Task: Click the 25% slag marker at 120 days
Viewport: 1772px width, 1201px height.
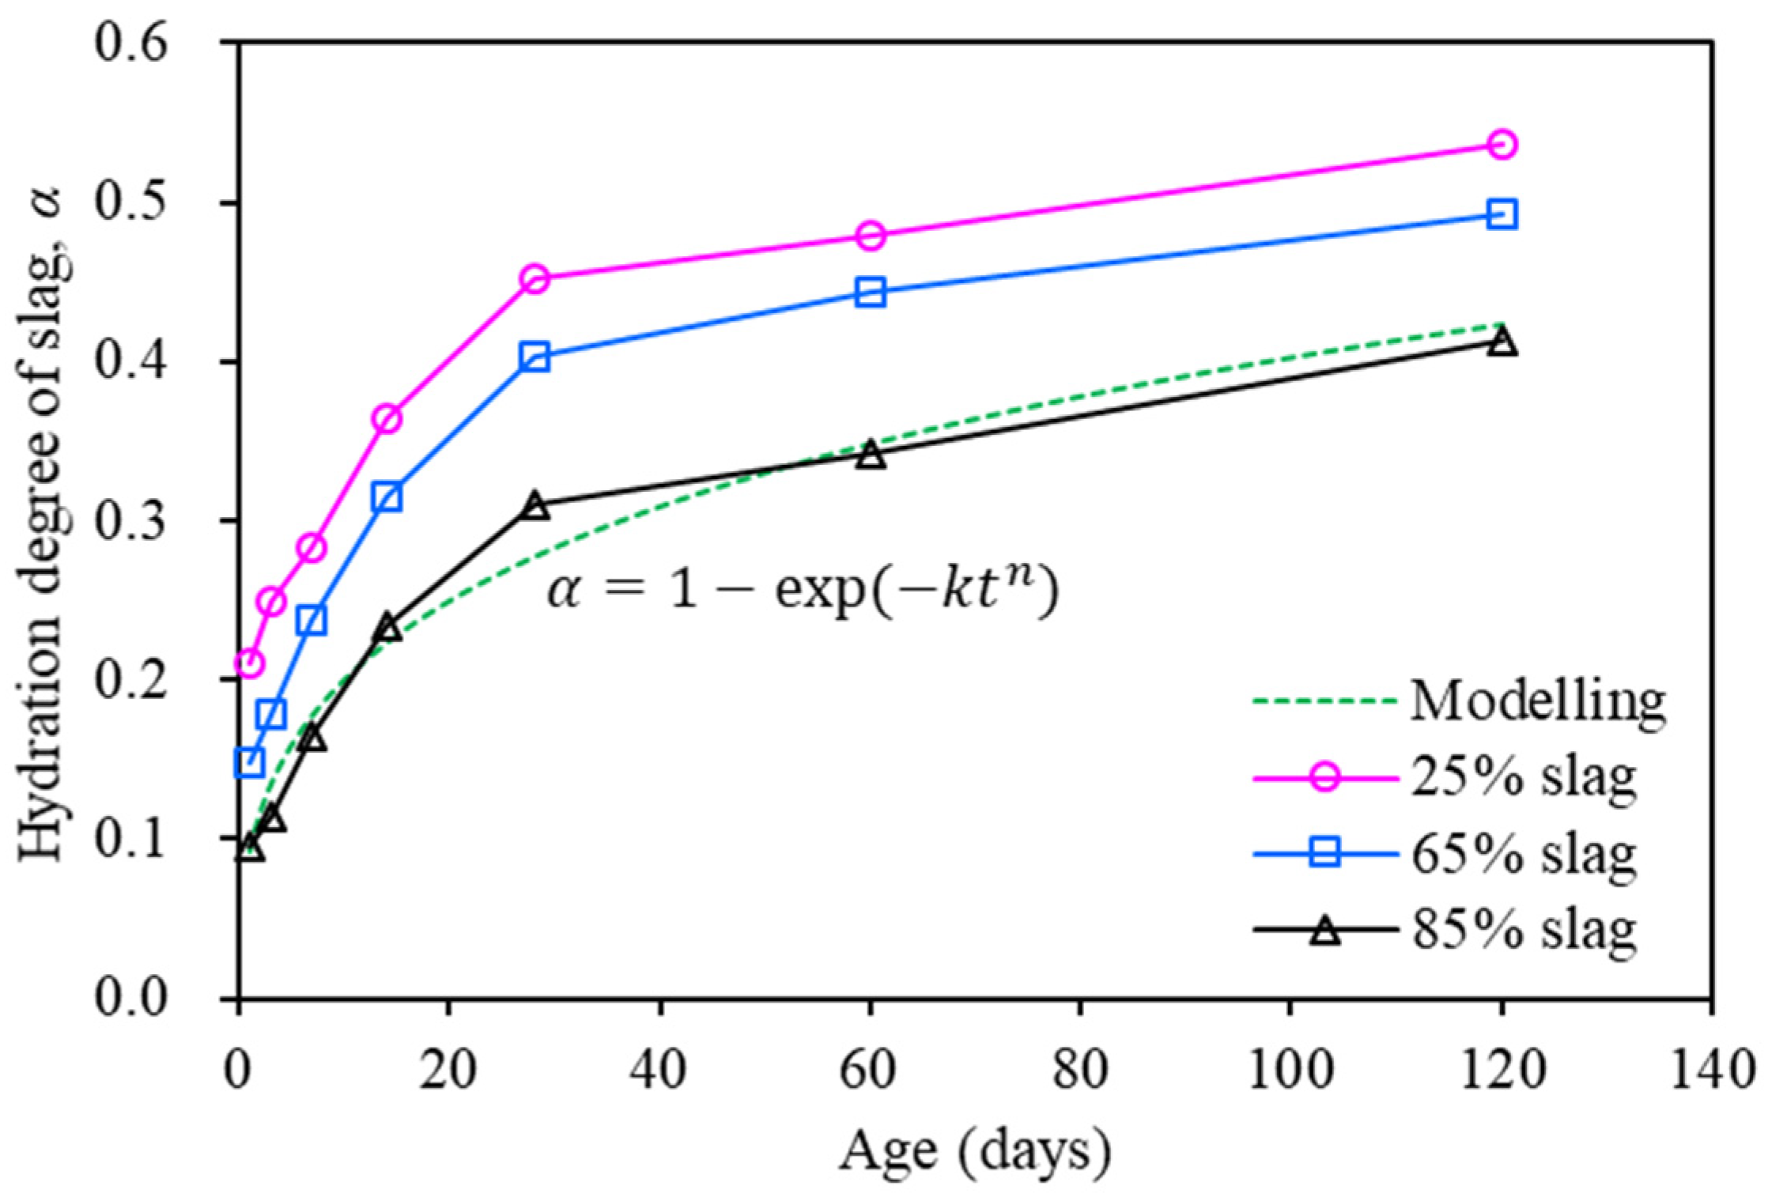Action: (1502, 145)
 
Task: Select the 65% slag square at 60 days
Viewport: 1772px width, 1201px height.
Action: (870, 293)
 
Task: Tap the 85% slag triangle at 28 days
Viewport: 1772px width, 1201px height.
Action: (535, 506)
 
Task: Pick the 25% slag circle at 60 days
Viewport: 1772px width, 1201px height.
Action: (870, 236)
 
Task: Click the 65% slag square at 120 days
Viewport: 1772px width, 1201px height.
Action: (1502, 214)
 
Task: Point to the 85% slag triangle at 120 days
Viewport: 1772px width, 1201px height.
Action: (1502, 343)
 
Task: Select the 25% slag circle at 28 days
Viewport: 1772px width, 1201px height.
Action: (535, 279)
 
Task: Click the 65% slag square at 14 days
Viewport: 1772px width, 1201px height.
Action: (387, 497)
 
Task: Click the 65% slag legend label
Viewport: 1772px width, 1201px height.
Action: (1524, 854)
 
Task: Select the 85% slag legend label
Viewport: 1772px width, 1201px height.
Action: (1524, 931)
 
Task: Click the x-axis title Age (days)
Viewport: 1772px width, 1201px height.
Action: (974, 1151)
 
